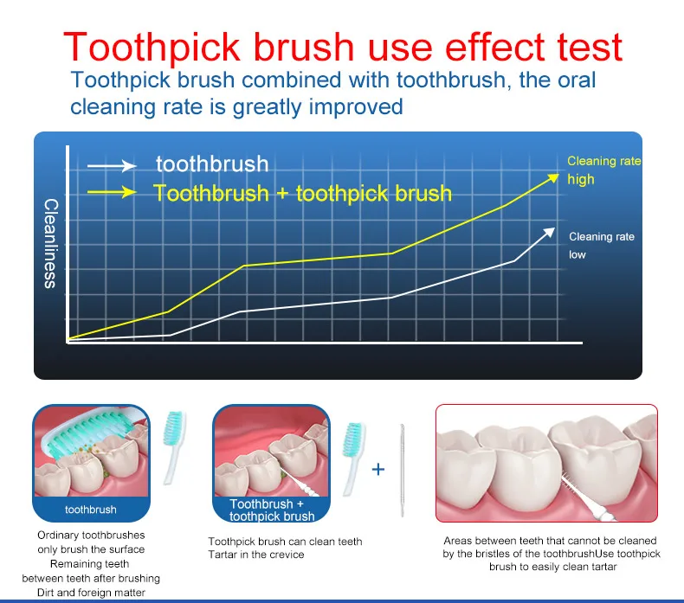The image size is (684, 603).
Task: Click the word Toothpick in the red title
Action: coord(152,48)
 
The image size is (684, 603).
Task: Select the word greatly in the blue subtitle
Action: coord(267,107)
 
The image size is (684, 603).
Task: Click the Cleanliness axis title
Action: coord(50,243)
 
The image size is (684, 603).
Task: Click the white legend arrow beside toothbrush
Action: coord(112,166)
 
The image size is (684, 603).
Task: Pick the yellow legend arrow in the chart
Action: coord(112,192)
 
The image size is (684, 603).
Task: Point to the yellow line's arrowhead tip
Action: coord(558,174)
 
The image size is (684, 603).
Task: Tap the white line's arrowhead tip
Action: coord(555,228)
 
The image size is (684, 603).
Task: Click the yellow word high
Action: coord(581,179)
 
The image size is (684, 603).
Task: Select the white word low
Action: coord(578,254)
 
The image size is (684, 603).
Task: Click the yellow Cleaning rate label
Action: coord(604,161)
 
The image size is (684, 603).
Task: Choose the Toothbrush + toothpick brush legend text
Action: coord(302,193)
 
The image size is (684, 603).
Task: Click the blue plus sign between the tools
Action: coord(378,470)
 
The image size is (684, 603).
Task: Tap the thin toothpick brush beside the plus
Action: coord(403,471)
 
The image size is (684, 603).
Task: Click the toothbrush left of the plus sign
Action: coord(353,459)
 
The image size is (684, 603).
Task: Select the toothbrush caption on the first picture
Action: coord(91,510)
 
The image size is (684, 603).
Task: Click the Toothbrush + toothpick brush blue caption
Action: coord(271,510)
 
